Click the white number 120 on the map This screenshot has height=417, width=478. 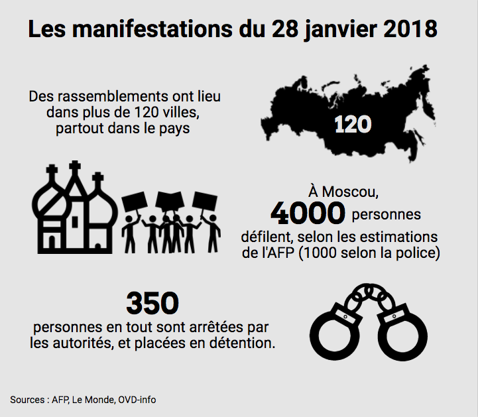point(352,124)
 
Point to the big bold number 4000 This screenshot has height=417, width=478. point(308,213)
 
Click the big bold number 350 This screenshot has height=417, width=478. point(152,304)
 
